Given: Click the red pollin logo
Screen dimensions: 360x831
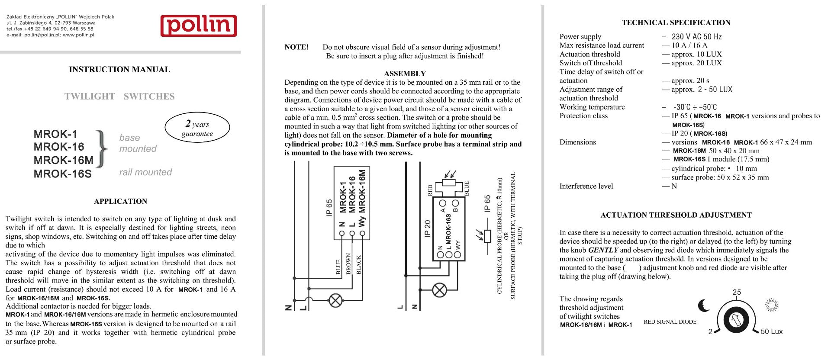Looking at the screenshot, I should [x=199, y=26].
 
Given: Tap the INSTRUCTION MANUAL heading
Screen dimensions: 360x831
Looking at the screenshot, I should [x=119, y=69].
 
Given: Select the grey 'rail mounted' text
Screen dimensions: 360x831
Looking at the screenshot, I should [x=145, y=172].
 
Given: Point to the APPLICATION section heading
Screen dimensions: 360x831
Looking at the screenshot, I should [x=120, y=201].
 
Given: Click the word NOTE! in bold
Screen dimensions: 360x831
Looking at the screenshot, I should [x=296, y=47].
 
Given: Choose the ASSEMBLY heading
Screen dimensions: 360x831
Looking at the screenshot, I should [x=405, y=74].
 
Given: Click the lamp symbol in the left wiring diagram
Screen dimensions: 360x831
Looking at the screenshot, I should [x=336, y=300].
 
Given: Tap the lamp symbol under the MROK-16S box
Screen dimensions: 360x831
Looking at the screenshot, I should [x=439, y=290].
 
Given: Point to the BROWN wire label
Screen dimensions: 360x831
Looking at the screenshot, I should [x=348, y=264].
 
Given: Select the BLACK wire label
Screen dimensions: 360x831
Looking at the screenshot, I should [x=358, y=264].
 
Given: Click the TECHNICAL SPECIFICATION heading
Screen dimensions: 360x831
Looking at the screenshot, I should [x=676, y=22].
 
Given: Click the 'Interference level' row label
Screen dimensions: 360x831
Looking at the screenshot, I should [x=586, y=186].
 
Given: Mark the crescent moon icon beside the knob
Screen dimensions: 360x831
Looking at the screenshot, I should [x=704, y=305].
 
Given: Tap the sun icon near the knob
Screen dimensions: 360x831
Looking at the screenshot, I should [x=771, y=305].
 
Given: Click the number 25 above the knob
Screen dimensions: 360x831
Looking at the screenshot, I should [x=737, y=292].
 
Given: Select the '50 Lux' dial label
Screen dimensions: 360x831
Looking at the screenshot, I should [x=771, y=331].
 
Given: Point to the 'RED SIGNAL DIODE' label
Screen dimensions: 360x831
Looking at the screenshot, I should [x=670, y=321].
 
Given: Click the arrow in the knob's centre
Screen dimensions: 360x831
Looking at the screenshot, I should [x=736, y=320].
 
